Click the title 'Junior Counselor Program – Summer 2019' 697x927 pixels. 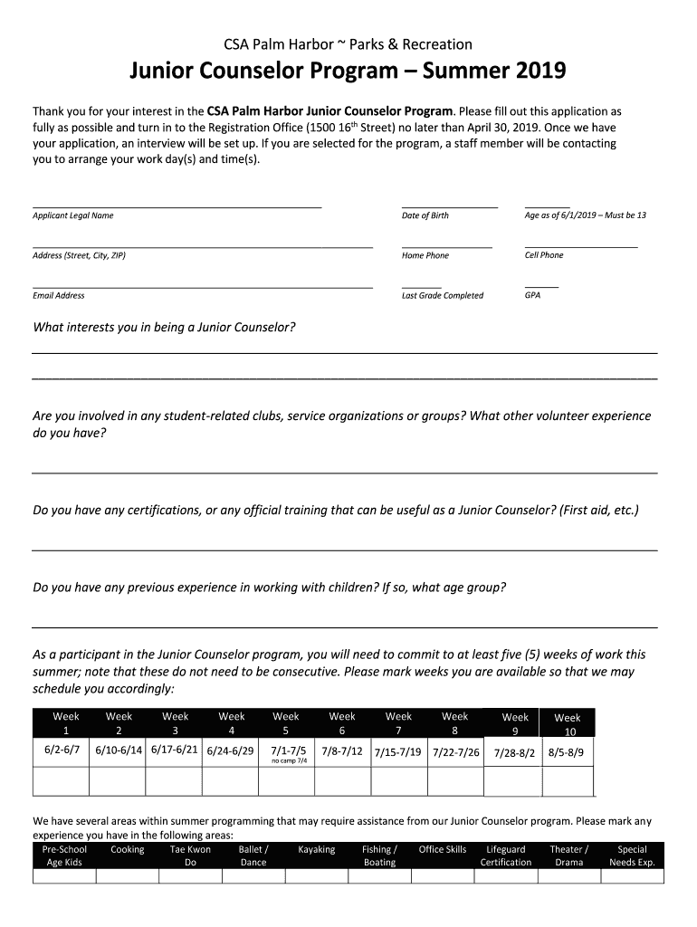click(x=348, y=71)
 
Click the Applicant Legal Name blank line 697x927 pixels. click(x=177, y=206)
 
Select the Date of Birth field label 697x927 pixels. click(x=425, y=215)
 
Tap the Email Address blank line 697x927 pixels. click(x=202, y=287)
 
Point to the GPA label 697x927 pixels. click(x=532, y=295)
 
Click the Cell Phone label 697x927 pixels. click(x=543, y=255)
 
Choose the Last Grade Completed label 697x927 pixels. click(x=442, y=295)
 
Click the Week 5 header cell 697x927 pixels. click(x=286, y=723)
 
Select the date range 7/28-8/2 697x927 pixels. click(x=514, y=753)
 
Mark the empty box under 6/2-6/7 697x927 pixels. click(x=61, y=780)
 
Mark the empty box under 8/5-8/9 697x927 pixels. click(x=567, y=780)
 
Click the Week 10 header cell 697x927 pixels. click(x=567, y=724)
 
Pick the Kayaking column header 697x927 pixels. click(x=316, y=850)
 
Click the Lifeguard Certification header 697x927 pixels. click(x=506, y=855)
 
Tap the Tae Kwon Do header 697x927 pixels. click(x=190, y=855)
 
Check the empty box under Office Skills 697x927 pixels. click(x=443, y=876)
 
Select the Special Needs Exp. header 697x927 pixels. click(x=632, y=855)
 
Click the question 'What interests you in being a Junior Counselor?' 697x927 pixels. click(x=164, y=327)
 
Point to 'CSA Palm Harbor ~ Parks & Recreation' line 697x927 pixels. click(x=348, y=44)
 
